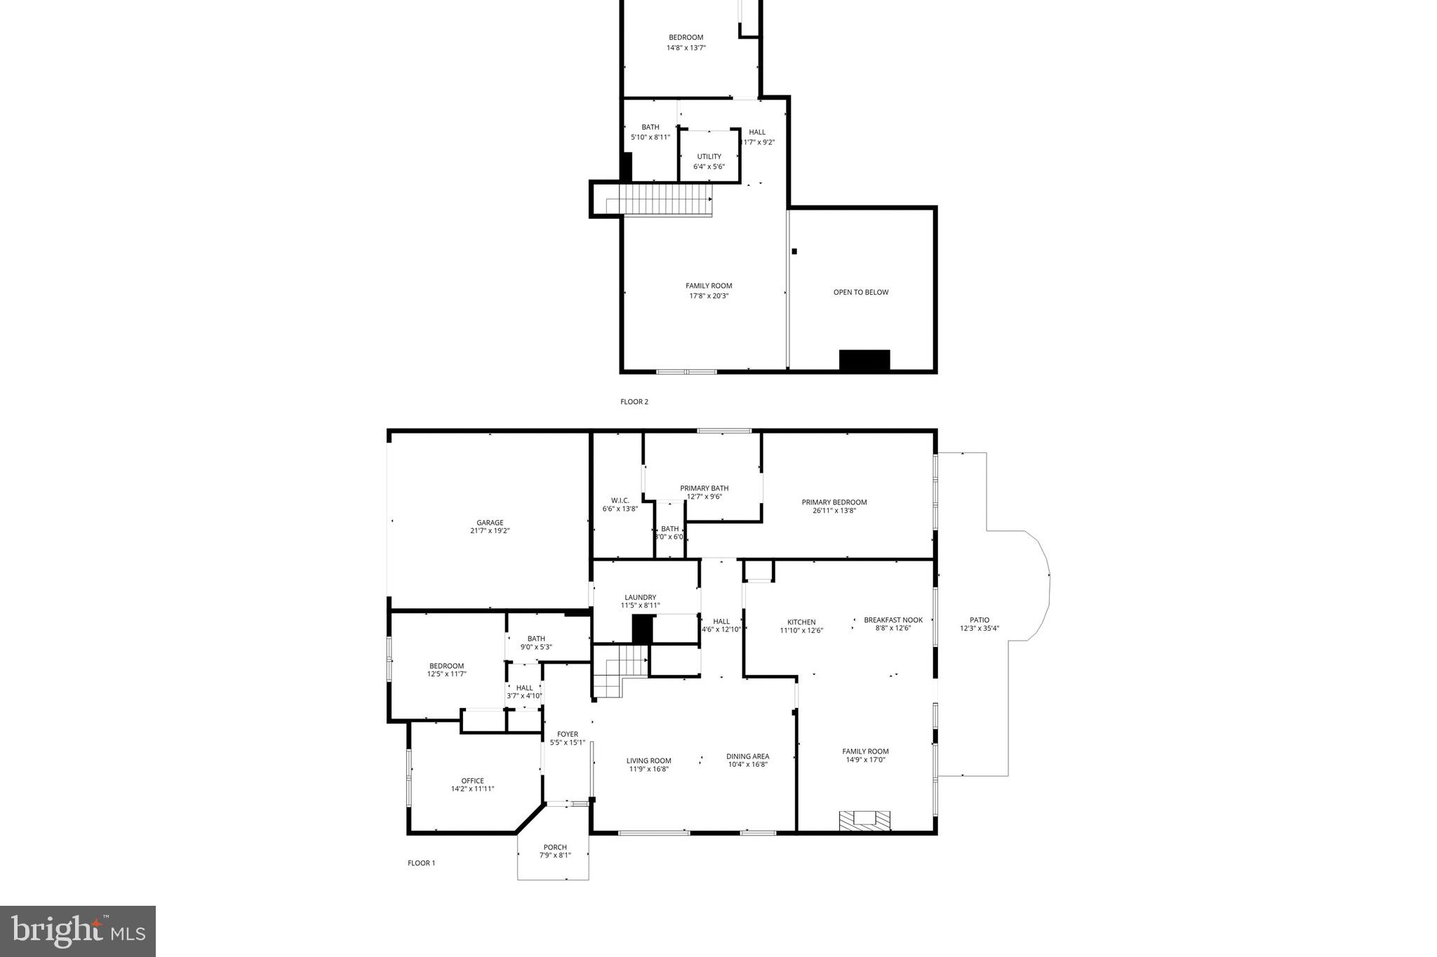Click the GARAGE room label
coord(490,523)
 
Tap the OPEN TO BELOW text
coord(860,292)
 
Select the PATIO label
coord(980,620)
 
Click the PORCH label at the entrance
coord(554,847)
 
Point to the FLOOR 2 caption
coord(634,402)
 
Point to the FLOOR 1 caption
coord(421,863)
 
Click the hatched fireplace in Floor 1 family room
coord(864,820)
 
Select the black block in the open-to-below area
coord(864,360)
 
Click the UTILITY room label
coord(709,156)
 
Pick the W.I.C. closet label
coord(620,500)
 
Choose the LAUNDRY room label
coord(640,597)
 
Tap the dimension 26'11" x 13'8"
coord(834,511)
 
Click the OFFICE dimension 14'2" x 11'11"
coord(472,789)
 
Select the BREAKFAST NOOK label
coord(893,620)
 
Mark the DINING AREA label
coord(747,756)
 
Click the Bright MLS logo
coord(78,931)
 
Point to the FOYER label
coord(568,734)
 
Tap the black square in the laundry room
coord(642,629)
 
